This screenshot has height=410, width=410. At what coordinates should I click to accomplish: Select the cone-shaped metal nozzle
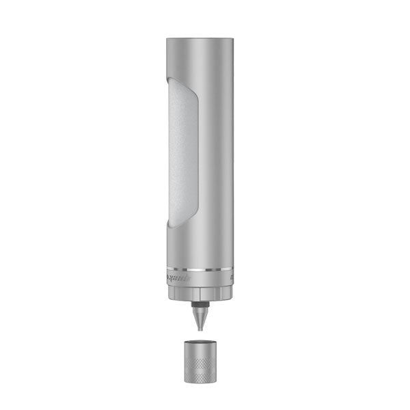198,316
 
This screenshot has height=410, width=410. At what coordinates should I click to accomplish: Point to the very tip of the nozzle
198,329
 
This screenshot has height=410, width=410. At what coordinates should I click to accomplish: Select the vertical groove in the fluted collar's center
198,293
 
